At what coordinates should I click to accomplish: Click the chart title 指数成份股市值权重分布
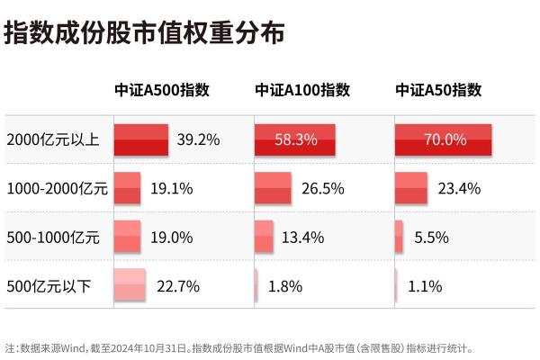point(144,33)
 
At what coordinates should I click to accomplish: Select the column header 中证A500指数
point(162,90)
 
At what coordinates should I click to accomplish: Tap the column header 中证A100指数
point(302,90)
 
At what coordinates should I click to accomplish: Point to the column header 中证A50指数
point(439,90)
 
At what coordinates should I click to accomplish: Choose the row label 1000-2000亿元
point(57,189)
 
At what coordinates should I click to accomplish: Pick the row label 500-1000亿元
point(53,238)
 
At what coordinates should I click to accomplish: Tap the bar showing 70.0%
point(444,139)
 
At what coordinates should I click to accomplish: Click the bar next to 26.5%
point(274,189)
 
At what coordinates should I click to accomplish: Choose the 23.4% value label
point(458,189)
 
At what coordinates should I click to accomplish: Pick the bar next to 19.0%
point(127,238)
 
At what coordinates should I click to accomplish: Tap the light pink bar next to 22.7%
point(130,286)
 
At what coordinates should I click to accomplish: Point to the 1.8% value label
point(285,286)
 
